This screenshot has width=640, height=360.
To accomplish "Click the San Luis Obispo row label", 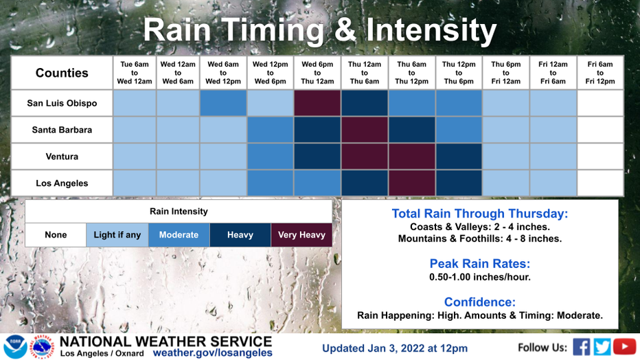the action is pos(62,103).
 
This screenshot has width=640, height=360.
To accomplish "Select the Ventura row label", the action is pos(62,157).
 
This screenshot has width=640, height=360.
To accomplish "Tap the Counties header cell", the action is pos(62,73).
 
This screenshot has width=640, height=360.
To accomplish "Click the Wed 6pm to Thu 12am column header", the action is pos(317,73).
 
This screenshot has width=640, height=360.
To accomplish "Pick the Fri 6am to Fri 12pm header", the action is pos(600,73).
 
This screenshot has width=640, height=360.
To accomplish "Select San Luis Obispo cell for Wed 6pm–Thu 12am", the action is pos(317,103).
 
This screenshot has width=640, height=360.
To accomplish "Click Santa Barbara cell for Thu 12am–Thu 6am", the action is pos(365,130).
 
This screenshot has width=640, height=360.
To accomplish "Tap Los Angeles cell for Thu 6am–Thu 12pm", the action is pos(412,183).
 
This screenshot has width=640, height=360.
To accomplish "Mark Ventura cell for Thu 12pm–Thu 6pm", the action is pos(459,157).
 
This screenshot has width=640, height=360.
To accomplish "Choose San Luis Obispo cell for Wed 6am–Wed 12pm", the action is pos(223,103).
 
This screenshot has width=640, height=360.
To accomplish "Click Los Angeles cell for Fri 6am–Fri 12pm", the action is pos(600,183).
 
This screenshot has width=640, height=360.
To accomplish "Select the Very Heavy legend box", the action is pos(301,235).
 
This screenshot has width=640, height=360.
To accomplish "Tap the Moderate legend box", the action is pos(179,235).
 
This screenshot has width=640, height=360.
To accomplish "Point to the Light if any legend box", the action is pos(117,235).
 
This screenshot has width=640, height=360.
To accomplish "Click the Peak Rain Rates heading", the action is pos(480,264).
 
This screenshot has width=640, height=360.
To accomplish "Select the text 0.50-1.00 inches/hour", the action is pos(480,277).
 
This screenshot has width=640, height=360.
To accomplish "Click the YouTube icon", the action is pos(624,347).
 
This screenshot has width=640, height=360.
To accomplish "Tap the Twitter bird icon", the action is pos(602,347).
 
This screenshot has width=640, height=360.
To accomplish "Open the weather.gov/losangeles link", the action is pos(213,353).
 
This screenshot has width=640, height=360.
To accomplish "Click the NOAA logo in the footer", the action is pos(16,347).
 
